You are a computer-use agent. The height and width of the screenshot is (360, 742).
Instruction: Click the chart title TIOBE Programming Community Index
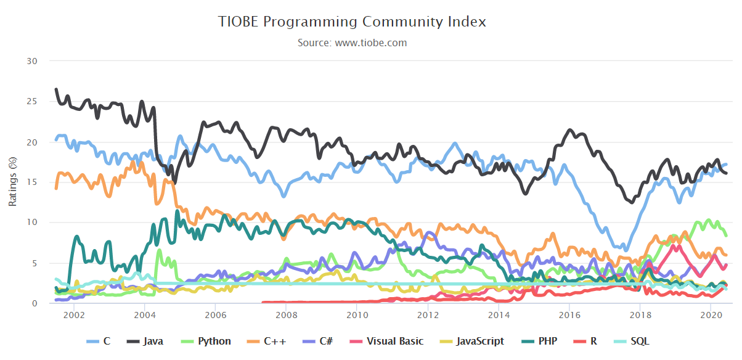[x=352, y=22]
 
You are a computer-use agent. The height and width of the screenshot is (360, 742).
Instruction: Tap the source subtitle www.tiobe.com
[x=352, y=43]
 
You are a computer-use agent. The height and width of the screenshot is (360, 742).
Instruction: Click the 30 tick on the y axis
[x=33, y=61]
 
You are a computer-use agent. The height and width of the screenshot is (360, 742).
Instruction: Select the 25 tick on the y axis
[x=33, y=101]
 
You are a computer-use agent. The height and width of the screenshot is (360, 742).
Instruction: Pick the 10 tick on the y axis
[x=33, y=223]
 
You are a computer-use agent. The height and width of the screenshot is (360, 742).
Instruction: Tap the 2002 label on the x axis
[x=73, y=316]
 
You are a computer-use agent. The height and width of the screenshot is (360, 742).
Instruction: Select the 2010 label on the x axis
[x=356, y=316]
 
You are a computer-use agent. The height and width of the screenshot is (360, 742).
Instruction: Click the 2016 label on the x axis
[x=569, y=316]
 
